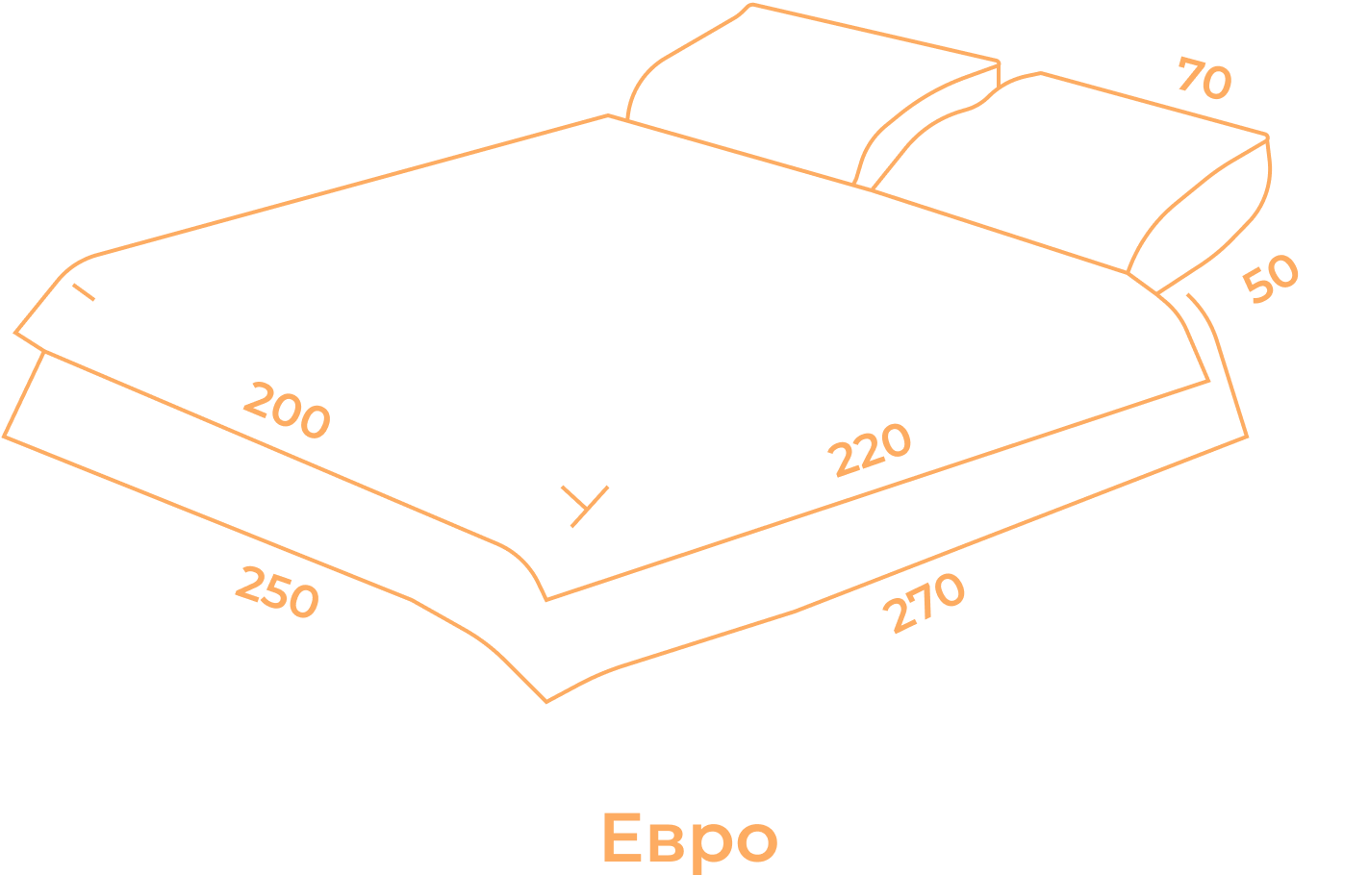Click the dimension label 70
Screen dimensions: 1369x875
(x=1204, y=80)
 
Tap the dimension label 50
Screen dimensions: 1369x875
(x=1270, y=278)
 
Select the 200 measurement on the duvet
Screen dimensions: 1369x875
(x=286, y=410)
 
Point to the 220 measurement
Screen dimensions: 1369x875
(x=872, y=449)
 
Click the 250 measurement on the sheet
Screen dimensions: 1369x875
(x=276, y=592)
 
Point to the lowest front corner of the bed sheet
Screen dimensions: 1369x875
(x=546, y=702)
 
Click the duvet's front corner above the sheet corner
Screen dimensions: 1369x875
(x=546, y=599)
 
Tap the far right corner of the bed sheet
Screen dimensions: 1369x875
(x=1247, y=436)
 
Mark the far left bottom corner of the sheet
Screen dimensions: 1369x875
(x=4, y=436)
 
